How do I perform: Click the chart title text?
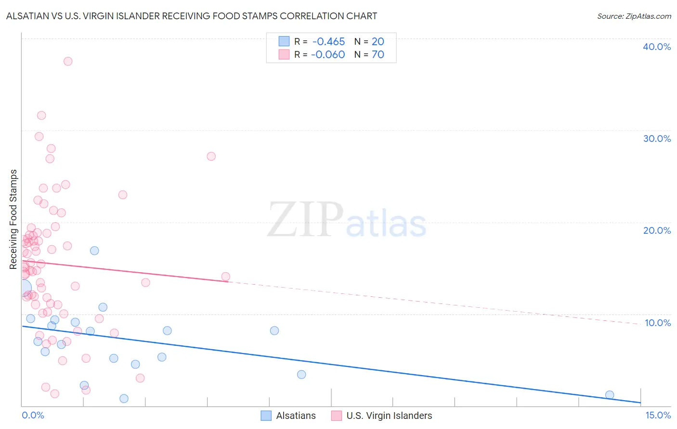pos(191,16)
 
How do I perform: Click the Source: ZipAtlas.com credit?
pos(634,16)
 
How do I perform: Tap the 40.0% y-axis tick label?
pos(657,47)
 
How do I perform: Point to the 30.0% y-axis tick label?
pos(657,139)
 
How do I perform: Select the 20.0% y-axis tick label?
pos(657,230)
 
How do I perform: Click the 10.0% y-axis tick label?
pos(657,323)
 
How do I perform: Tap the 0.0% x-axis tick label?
pos(33,415)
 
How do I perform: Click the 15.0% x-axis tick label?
pos(658,415)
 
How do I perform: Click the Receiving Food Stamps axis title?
pos(13,219)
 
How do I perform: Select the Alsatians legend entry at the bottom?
pos(288,416)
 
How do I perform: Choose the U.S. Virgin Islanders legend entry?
pos(381,416)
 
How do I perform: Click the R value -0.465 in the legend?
pos(328,42)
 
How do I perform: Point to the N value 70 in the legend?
pos(378,55)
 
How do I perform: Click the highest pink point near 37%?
pos(68,61)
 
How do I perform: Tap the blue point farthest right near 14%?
pos(610,395)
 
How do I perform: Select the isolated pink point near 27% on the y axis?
pos(211,156)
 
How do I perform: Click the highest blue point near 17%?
pos(94,251)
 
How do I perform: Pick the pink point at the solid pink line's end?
pos(225,277)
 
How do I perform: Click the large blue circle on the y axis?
pos(23,288)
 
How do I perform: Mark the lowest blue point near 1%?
pos(124,398)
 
